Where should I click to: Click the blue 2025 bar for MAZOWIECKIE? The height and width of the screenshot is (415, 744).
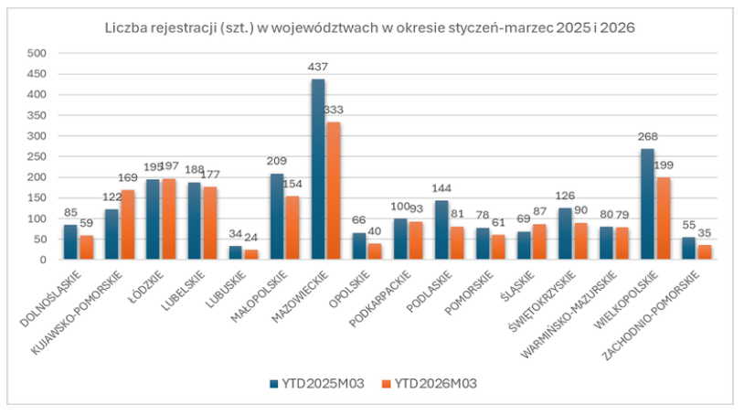coord(318,169)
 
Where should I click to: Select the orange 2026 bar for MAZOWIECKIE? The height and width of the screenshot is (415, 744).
coord(335,191)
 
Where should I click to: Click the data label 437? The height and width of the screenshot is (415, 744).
coord(317,67)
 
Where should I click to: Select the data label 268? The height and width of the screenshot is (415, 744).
coord(648,137)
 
